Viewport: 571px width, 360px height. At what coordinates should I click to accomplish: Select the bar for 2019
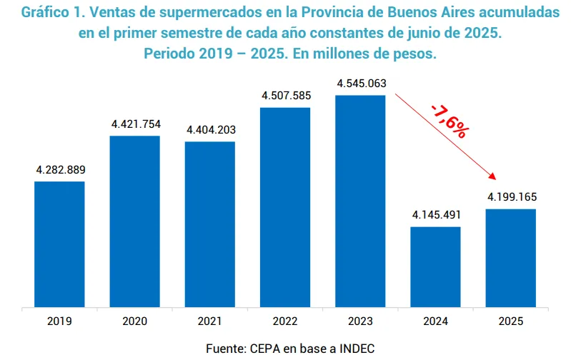(x=59, y=244)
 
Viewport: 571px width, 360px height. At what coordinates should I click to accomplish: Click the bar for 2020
(x=134, y=221)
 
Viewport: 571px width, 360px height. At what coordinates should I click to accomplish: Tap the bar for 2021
(x=210, y=224)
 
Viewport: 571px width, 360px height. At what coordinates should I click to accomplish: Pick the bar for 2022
(x=285, y=207)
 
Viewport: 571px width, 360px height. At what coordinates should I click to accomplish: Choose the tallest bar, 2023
(x=360, y=201)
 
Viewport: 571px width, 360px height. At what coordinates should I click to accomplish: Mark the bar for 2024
(x=435, y=267)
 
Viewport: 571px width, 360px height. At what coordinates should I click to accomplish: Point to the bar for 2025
(x=511, y=258)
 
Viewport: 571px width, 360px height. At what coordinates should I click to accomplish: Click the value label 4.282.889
(x=60, y=170)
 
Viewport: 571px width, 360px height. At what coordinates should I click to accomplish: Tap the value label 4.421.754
(x=136, y=124)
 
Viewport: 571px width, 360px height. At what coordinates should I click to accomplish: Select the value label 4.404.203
(x=211, y=130)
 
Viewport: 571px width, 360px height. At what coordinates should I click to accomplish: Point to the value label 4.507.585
(x=286, y=96)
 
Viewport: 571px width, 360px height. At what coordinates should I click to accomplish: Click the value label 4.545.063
(x=361, y=83)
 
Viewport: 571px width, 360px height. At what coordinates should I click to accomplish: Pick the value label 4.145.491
(x=436, y=215)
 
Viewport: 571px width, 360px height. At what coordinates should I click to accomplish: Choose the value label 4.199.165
(x=512, y=197)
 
